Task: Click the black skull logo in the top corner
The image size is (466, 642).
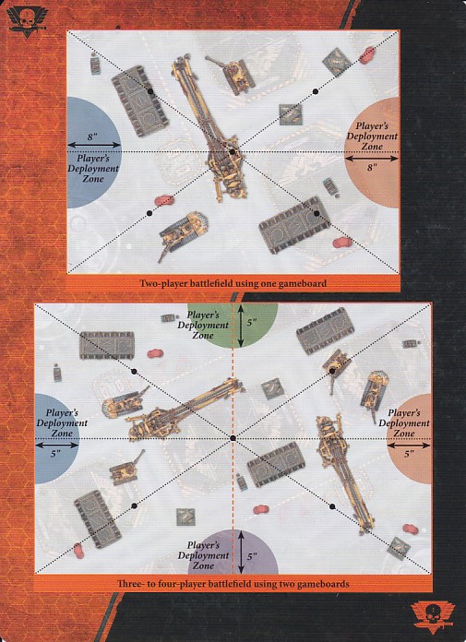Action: point(27,21)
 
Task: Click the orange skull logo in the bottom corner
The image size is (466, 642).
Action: point(433,617)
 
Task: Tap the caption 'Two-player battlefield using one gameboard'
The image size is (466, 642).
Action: point(233,283)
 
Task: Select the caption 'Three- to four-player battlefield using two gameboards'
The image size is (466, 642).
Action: point(233,584)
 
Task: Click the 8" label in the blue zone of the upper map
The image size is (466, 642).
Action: point(91,137)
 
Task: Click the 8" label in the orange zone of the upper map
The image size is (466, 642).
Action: point(372,168)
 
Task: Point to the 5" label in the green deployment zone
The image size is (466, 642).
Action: point(252,323)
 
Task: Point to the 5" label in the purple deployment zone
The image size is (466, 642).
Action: point(252,556)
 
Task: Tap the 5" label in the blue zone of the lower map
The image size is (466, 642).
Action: point(55,454)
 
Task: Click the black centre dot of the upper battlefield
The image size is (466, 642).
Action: point(233,152)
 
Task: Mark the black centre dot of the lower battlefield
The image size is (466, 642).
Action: point(233,438)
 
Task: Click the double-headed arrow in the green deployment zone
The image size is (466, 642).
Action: point(241,326)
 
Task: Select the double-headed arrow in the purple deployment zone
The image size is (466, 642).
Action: point(241,552)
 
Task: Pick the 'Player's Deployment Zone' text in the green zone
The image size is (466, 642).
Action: point(203,325)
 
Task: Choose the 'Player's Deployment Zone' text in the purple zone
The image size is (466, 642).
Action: point(203,555)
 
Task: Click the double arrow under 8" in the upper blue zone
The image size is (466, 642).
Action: point(94,145)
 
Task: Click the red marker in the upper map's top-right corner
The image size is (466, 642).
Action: point(367,55)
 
